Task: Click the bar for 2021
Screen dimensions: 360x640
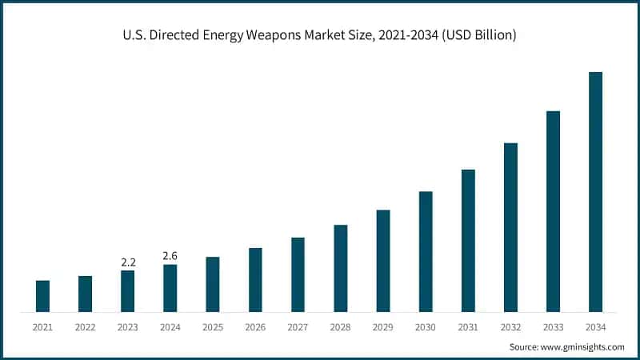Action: point(42,296)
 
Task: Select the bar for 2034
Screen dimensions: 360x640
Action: point(595,192)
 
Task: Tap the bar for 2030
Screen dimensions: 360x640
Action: point(426,251)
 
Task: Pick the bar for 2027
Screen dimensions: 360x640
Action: point(298,274)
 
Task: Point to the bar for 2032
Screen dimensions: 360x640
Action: point(510,227)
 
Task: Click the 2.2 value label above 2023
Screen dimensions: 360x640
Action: point(127,262)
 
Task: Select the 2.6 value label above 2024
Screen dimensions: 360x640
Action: point(170,255)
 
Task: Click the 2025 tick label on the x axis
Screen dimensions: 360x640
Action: point(213,327)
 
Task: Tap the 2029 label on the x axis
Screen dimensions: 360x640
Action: point(383,327)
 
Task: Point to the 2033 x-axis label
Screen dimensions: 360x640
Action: point(553,327)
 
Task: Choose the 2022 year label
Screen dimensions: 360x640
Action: point(85,327)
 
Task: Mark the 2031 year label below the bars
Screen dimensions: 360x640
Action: point(468,327)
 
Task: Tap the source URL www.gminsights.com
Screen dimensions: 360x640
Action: point(583,346)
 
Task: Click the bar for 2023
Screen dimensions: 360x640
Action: point(127,291)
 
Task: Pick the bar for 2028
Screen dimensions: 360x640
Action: point(341,268)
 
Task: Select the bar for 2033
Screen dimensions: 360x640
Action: point(553,211)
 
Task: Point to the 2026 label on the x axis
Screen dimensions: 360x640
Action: point(255,327)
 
